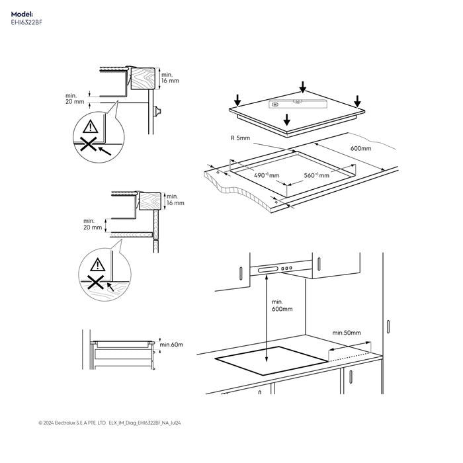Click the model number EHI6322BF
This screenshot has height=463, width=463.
(26, 22)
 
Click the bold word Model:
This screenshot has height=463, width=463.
(22, 14)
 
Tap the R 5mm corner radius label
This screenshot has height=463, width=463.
(240, 138)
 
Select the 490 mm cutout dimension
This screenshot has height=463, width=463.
(267, 175)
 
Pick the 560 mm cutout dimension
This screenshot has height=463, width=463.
(317, 175)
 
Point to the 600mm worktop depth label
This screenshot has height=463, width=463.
(361, 148)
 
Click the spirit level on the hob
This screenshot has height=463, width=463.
(298, 103)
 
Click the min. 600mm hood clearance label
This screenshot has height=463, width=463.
(282, 306)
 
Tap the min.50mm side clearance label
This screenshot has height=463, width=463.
(347, 333)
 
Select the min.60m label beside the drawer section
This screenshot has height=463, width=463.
(171, 345)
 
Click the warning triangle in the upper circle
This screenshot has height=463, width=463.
(91, 126)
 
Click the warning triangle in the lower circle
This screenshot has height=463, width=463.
(98, 265)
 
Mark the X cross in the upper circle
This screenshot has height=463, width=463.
(89, 144)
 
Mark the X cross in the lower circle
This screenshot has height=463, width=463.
(95, 282)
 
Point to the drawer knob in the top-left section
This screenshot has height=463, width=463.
(157, 111)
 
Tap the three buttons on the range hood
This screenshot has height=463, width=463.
(286, 269)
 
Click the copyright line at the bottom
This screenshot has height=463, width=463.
(110, 423)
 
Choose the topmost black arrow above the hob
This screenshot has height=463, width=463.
(303, 87)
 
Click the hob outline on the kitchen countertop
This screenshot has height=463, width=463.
(271, 360)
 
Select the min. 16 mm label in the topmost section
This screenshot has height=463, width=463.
(170, 77)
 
